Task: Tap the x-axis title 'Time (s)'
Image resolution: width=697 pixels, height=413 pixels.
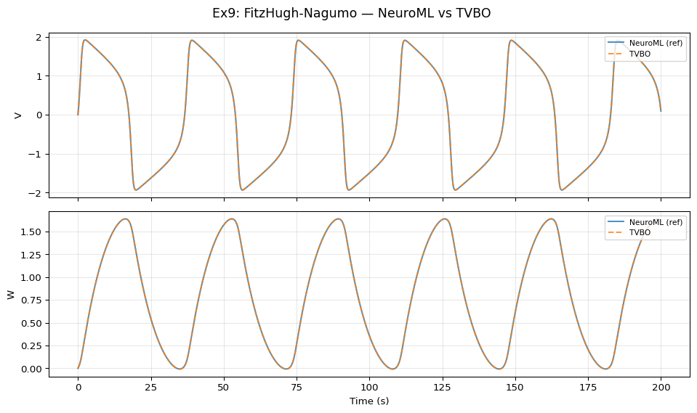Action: pyautogui.click(x=369, y=401)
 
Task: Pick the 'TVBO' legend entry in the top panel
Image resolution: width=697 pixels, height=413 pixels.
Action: pyautogui.click(x=640, y=54)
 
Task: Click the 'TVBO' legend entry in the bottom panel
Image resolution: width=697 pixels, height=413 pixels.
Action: pyautogui.click(x=640, y=232)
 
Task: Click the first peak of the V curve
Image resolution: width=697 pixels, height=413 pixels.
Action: pyautogui.click(x=85, y=40)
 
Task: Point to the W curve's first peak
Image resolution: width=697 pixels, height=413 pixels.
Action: pyautogui.click(x=126, y=218)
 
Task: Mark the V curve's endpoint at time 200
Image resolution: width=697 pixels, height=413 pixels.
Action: pyautogui.click(x=661, y=111)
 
